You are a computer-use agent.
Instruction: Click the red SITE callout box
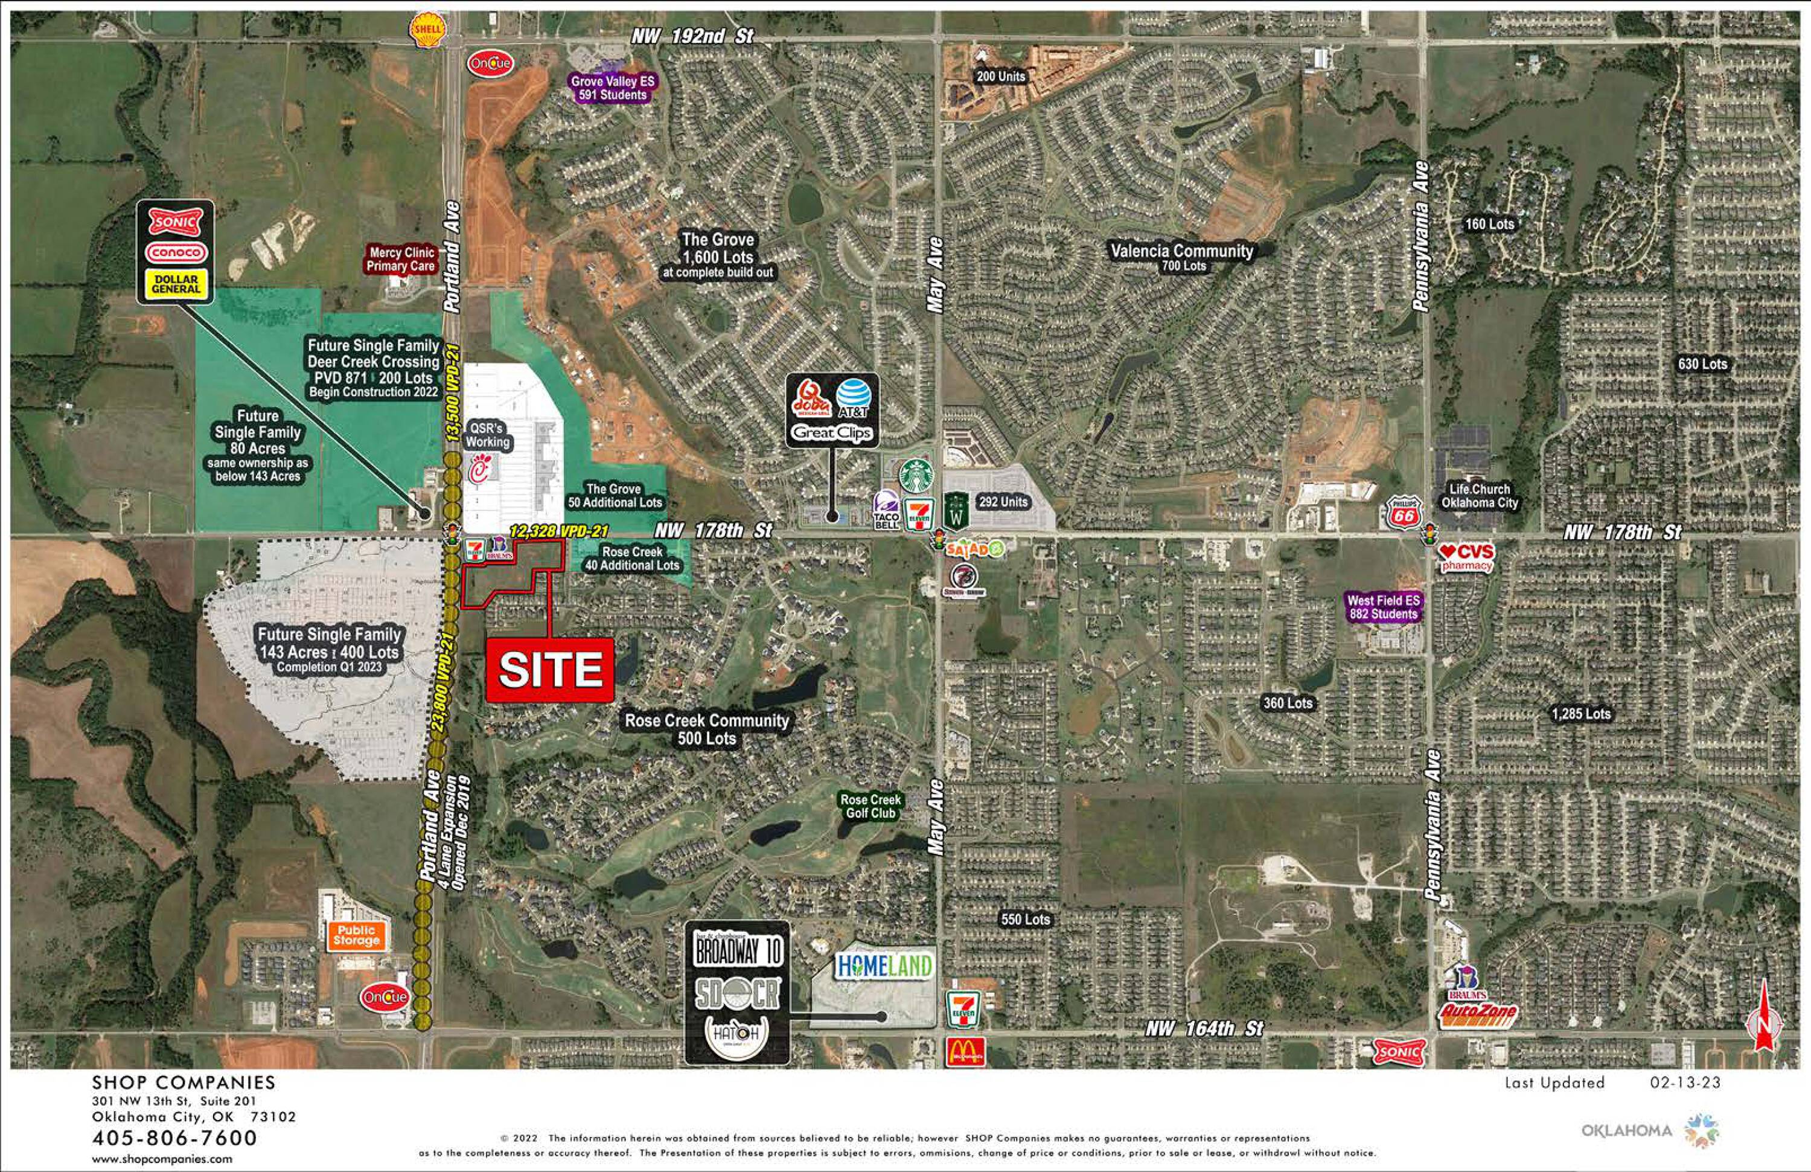click(x=549, y=670)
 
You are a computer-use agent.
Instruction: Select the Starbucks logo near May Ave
click(x=916, y=476)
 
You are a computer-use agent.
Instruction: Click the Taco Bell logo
click(x=886, y=509)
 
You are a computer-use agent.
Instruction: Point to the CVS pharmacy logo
click(x=1466, y=556)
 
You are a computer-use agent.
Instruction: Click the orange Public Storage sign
click(x=356, y=935)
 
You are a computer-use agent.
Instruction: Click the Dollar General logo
click(x=176, y=284)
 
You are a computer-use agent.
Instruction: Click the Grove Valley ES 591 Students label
click(x=613, y=88)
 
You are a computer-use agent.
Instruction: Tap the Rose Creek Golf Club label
click(x=870, y=806)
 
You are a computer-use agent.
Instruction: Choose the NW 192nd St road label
click(x=692, y=36)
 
